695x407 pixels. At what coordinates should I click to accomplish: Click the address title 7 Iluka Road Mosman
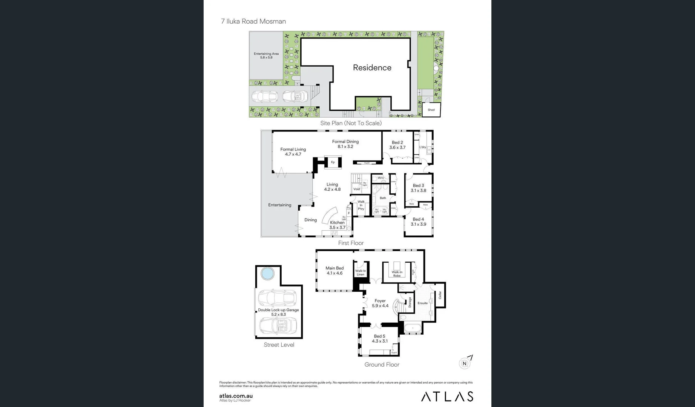(253, 21)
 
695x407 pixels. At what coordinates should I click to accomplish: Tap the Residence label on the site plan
(372, 67)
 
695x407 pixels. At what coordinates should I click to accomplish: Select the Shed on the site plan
(431, 110)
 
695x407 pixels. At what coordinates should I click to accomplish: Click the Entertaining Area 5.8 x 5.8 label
(266, 55)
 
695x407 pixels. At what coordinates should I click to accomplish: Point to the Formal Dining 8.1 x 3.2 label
(345, 144)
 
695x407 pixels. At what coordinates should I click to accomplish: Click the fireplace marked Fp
(333, 162)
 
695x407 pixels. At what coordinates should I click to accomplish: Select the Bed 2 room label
(397, 145)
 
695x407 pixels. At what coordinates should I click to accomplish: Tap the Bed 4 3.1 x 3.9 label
(418, 222)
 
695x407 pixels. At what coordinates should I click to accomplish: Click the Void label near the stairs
(356, 189)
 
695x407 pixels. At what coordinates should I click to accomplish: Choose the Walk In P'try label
(361, 205)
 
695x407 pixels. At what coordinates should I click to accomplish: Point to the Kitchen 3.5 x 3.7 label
(337, 225)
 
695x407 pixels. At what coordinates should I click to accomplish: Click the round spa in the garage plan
(267, 274)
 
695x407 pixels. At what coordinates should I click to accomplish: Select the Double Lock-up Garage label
(278, 312)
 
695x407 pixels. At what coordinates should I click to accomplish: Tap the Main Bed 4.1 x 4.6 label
(334, 271)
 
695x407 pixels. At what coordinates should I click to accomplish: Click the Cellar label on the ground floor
(440, 295)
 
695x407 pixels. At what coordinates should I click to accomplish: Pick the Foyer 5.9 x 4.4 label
(380, 303)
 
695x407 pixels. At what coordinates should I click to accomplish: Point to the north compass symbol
(465, 363)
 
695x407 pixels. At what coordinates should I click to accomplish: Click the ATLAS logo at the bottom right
(447, 396)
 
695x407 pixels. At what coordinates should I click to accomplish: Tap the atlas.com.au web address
(236, 396)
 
